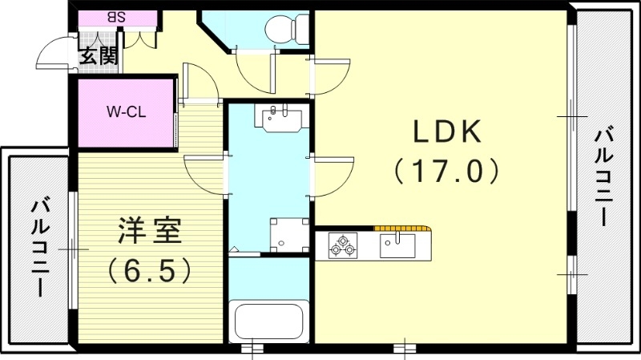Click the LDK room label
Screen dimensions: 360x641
[x=447, y=130]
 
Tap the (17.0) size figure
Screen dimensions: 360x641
[x=447, y=170]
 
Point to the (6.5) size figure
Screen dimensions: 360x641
[x=150, y=269]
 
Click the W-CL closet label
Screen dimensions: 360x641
[x=126, y=111]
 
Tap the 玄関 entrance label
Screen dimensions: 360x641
[x=99, y=55]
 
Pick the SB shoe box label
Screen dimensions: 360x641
[x=115, y=17]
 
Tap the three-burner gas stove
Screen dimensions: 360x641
[x=344, y=245]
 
